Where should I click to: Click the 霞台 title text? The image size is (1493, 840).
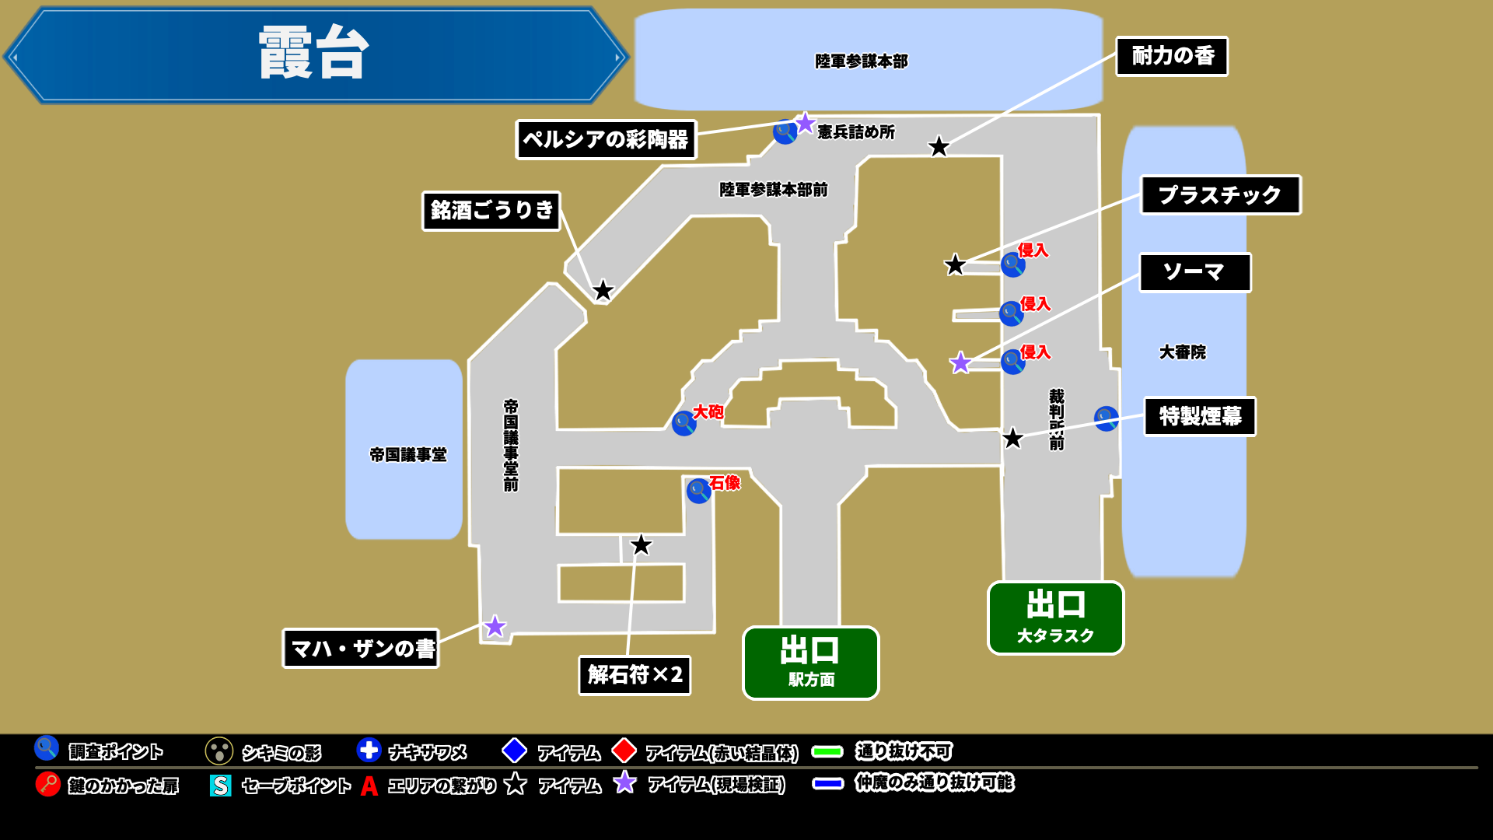pyautogui.click(x=313, y=53)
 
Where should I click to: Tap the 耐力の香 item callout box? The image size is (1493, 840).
pyautogui.click(x=1172, y=56)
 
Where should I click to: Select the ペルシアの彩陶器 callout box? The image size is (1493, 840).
pyautogui.click(x=606, y=139)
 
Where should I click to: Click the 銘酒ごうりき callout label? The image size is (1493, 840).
pyautogui.click(x=491, y=210)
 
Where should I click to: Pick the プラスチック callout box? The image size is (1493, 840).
pyautogui.click(x=1220, y=194)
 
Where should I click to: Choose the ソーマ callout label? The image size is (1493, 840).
pyautogui.click(x=1195, y=272)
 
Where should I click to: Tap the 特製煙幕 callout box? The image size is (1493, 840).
pyautogui.click(x=1200, y=416)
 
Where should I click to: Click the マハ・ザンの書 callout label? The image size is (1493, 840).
pyautogui.click(x=361, y=648)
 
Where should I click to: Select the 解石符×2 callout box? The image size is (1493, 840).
pyautogui.click(x=635, y=674)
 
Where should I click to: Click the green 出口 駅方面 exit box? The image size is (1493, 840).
pyautogui.click(x=811, y=663)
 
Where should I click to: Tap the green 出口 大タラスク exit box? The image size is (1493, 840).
pyautogui.click(x=1055, y=618)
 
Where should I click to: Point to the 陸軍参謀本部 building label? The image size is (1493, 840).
pyautogui.click(x=862, y=61)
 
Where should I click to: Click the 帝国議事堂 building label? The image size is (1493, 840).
pyautogui.click(x=408, y=454)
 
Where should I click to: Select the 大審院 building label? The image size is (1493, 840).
pyautogui.click(x=1182, y=352)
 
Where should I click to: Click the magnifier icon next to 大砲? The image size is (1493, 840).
pyautogui.click(x=684, y=423)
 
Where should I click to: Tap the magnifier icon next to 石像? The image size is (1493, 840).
pyautogui.click(x=698, y=490)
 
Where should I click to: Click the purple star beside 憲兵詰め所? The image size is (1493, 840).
pyautogui.click(x=805, y=123)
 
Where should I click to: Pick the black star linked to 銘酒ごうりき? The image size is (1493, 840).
pyautogui.click(x=603, y=291)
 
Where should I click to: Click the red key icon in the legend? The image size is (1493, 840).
pyautogui.click(x=47, y=783)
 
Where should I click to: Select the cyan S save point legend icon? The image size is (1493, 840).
pyautogui.click(x=220, y=785)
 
